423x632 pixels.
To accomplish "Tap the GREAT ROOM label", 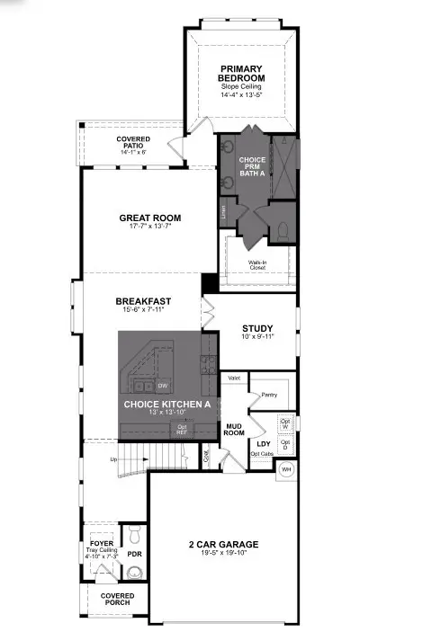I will [x=150, y=218].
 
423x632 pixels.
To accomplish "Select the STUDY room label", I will [x=256, y=328].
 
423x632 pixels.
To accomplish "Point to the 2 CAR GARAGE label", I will [x=223, y=544].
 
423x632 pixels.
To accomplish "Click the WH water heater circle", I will [x=287, y=468].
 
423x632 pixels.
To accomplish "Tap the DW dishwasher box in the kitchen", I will [x=164, y=386].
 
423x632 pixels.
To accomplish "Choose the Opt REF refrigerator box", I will [x=182, y=429].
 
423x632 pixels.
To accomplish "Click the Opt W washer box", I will [x=285, y=422].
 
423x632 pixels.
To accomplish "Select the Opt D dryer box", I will [x=285, y=443].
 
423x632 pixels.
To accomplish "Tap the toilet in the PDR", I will [x=135, y=536].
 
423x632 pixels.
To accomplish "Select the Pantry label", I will [x=269, y=395].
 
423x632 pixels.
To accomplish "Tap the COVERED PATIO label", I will [x=133, y=143].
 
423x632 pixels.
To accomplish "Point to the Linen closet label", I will [x=224, y=212].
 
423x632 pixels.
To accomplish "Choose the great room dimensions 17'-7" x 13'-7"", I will [x=150, y=228].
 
